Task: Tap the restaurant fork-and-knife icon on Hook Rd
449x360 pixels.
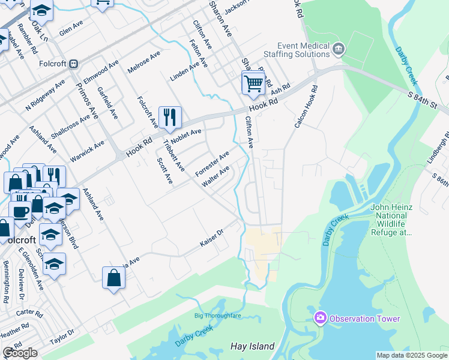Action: (170, 117)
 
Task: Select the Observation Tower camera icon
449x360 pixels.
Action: (320, 317)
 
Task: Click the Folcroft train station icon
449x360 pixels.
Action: (74, 64)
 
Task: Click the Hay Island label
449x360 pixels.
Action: (253, 346)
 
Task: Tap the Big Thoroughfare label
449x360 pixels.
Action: (217, 316)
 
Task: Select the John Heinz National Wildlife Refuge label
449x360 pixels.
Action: (391, 220)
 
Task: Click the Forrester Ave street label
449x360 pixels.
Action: (212, 164)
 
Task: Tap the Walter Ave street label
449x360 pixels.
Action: (216, 176)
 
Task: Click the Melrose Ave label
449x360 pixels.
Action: (144, 62)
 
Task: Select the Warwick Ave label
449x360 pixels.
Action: (86, 152)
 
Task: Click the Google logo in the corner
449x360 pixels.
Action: (20, 353)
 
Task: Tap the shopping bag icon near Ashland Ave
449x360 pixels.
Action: (113, 278)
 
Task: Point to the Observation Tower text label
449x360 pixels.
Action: (365, 318)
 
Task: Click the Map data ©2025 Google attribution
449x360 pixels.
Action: (411, 355)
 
